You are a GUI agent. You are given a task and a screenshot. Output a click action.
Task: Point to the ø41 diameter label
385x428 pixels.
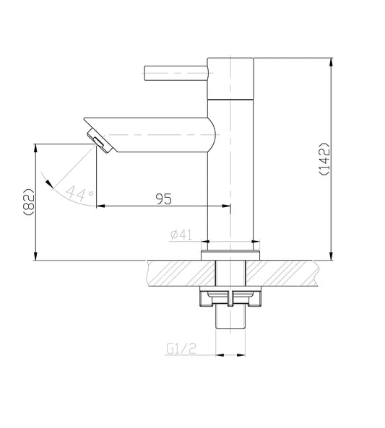coord(180,235)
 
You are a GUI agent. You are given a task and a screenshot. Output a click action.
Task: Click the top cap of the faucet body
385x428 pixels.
coord(231,76)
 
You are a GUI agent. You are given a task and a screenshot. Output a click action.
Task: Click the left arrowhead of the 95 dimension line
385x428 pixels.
coord(100,207)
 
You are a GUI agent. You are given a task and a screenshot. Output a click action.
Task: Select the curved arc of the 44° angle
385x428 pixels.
coord(61,193)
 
